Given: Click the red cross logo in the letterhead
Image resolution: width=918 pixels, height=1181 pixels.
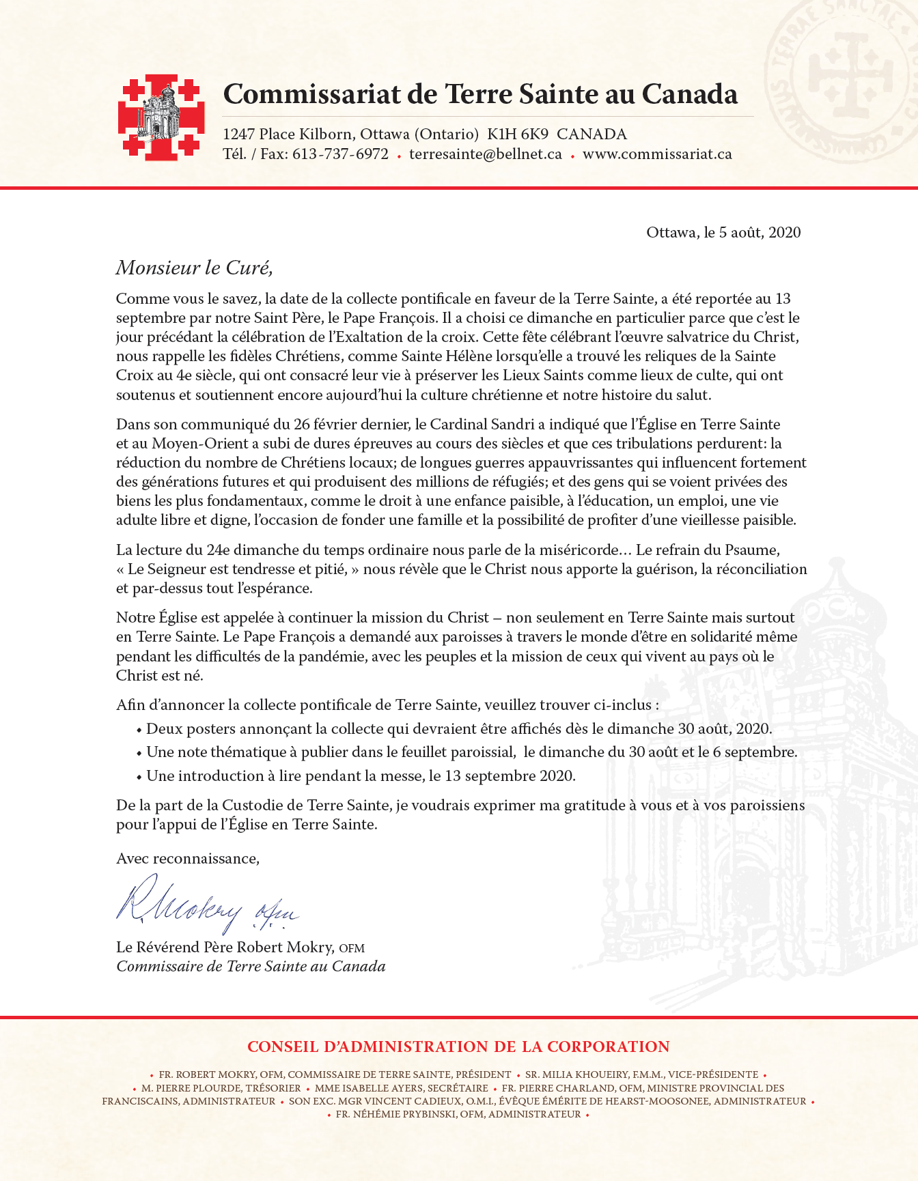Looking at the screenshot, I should [x=161, y=117].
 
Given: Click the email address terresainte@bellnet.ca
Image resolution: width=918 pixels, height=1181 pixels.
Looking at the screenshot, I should [x=485, y=154].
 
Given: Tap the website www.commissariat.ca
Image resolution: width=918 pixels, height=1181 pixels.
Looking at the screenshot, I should [x=657, y=154].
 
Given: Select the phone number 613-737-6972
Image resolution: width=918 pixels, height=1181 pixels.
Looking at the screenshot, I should [x=340, y=154].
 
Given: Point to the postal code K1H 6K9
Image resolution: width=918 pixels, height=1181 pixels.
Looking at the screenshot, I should [x=518, y=134].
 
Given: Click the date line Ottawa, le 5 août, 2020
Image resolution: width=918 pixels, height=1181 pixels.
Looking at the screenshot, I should [x=723, y=233].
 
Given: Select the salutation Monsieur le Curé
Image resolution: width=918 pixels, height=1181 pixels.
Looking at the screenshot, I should [x=194, y=268].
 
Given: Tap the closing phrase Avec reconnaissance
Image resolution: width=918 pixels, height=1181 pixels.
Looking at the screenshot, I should [x=187, y=859].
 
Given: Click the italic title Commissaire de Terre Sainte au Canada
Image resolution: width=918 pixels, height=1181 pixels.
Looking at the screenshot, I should [x=251, y=967].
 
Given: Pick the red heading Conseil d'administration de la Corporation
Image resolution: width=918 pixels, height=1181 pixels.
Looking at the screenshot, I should [x=458, y=1047].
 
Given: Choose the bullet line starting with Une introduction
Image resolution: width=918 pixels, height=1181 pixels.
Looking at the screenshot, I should [x=361, y=776].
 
